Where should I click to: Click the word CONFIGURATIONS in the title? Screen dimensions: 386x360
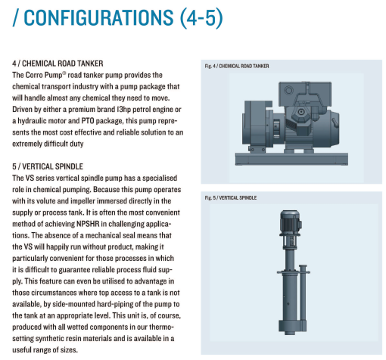click(x=98, y=17)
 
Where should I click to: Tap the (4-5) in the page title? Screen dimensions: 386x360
click(x=201, y=18)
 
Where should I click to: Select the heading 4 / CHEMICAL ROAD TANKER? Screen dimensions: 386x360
click(x=58, y=64)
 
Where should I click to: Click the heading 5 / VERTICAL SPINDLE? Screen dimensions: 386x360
click(x=48, y=166)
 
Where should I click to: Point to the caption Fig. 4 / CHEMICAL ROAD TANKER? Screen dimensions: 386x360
click(x=237, y=66)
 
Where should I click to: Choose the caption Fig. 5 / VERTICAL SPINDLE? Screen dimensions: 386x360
click(x=231, y=197)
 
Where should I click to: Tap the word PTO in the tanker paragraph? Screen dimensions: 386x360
click(x=88, y=121)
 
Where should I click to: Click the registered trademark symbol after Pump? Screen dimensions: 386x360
click(x=64, y=73)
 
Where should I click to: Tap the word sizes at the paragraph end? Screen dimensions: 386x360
click(x=69, y=350)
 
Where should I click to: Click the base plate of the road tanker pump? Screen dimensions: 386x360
click(x=291, y=159)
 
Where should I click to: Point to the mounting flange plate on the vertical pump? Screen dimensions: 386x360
click(x=293, y=272)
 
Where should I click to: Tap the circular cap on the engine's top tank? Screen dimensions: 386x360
click(x=288, y=90)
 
